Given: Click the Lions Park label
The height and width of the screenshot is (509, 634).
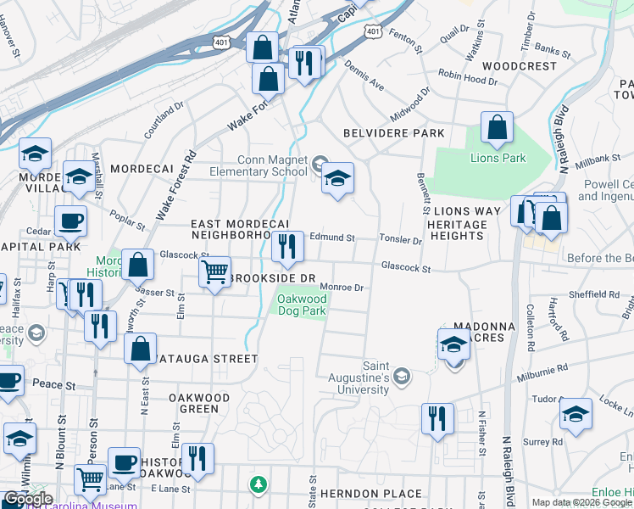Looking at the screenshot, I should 498,158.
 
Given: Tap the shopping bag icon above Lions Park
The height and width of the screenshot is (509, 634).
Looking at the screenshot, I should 497,129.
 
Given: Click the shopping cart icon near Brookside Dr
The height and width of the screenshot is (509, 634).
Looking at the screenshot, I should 214,273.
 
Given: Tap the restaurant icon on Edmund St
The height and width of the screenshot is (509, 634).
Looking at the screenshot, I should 287,247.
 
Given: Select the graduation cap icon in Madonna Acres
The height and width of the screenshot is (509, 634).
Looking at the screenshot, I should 453,346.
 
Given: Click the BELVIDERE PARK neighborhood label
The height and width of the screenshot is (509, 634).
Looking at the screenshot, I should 394,133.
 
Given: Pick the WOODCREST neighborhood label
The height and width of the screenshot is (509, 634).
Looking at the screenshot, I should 520,65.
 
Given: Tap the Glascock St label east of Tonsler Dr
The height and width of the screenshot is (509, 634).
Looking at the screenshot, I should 406,268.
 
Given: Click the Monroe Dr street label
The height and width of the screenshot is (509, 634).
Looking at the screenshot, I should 342,288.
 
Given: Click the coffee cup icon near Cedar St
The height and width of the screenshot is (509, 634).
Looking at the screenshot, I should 71,222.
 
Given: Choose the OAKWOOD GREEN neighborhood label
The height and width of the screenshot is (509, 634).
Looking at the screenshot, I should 199,403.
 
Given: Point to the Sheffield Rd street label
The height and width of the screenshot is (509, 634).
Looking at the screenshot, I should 595,295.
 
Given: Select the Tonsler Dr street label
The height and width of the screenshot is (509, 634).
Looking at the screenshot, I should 400,241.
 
